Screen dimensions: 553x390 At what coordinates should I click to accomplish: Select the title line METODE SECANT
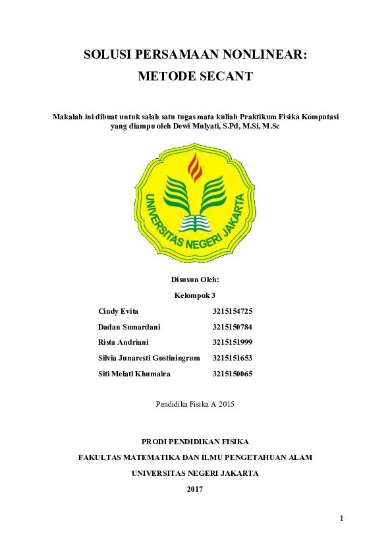tap(195, 76)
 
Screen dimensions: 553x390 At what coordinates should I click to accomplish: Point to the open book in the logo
tap(195, 220)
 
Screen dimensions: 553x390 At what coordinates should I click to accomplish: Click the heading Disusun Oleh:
tap(195, 280)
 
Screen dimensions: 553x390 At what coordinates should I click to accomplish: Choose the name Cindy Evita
tap(119, 310)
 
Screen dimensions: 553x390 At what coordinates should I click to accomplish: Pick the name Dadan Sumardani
tap(129, 326)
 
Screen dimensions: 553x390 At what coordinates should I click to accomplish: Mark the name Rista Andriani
tap(123, 342)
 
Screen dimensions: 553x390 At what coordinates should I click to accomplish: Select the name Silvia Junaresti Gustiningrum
tap(149, 358)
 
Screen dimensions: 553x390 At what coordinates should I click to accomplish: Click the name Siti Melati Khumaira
tap(134, 374)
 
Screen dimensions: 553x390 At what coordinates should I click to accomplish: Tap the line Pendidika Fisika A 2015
tap(195, 403)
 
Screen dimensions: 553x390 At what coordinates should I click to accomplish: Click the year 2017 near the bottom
tap(195, 489)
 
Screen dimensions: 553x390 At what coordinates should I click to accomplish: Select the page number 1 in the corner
tap(342, 519)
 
